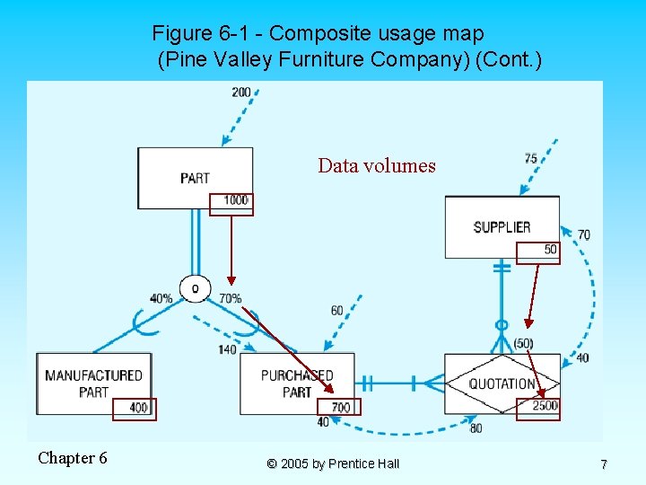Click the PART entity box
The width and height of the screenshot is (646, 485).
click(x=195, y=178)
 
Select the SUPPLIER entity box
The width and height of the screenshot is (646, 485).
click(x=502, y=227)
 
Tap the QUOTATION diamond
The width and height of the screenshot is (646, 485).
click(x=502, y=384)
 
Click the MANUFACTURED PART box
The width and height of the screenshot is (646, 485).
click(x=93, y=384)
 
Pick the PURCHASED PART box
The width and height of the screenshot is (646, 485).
click(x=297, y=384)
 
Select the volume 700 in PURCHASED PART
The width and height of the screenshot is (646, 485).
click(x=341, y=408)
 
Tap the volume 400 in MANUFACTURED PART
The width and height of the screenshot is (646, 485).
click(x=138, y=408)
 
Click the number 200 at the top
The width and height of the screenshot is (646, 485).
click(x=241, y=93)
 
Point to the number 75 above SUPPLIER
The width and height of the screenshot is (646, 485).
click(x=531, y=159)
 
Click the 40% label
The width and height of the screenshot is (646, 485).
click(x=161, y=298)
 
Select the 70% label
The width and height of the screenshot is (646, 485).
click(x=230, y=298)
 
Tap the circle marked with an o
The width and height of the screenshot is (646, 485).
click(x=195, y=287)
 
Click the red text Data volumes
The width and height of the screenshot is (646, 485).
click(x=377, y=166)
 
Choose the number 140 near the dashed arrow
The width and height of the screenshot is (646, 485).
click(x=226, y=349)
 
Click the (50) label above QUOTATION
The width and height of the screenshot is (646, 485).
click(x=523, y=344)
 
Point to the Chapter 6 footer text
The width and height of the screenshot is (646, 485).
click(x=73, y=459)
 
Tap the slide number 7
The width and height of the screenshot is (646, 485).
click(x=604, y=464)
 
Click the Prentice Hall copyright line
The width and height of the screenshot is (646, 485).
click(x=333, y=464)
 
